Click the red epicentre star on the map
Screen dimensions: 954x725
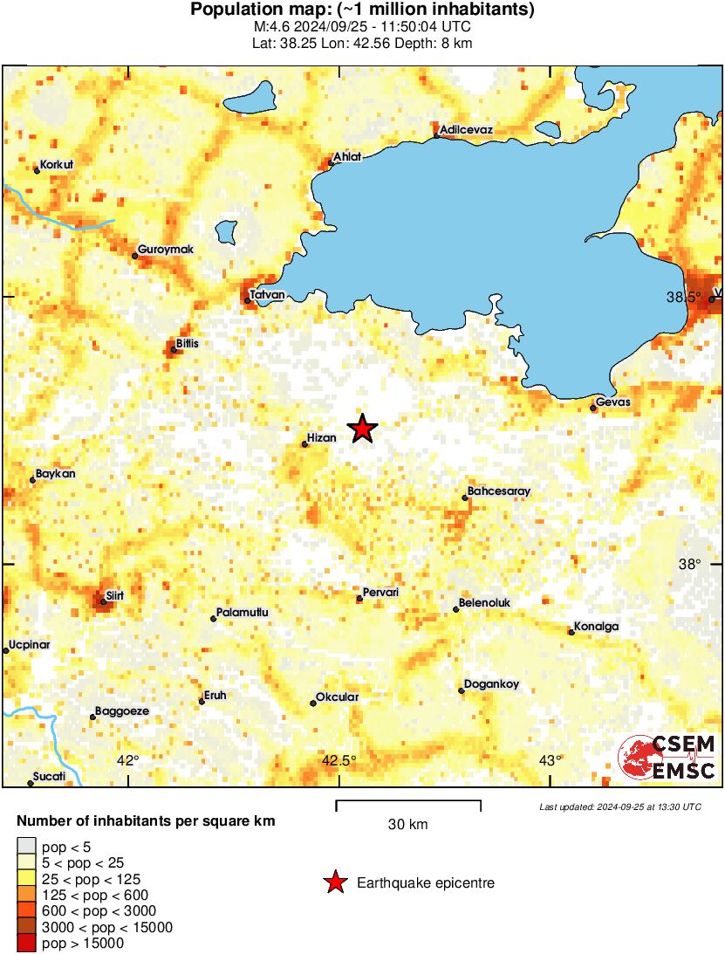tap(362, 428)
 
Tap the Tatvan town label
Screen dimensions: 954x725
tap(267, 295)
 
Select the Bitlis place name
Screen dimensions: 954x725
tap(187, 344)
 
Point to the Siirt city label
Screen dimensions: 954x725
tap(114, 596)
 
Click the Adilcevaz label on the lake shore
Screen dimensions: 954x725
tap(467, 130)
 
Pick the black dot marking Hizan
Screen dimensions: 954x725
tap(304, 444)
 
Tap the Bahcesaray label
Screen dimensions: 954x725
tap(498, 491)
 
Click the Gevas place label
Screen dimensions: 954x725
tap(612, 403)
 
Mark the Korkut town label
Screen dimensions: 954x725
tap(57, 164)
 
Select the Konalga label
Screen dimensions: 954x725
tap(595, 627)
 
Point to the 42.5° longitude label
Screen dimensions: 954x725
tap(339, 760)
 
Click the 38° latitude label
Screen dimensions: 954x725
tap(689, 565)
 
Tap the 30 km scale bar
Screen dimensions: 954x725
tap(408, 801)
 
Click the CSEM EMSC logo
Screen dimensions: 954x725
tap(667, 758)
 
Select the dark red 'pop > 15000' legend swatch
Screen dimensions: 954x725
tap(26, 943)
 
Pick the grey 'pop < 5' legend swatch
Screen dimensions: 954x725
tap(26, 847)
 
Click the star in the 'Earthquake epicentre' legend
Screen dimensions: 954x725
tap(334, 883)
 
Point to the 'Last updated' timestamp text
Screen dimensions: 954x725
tap(619, 807)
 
